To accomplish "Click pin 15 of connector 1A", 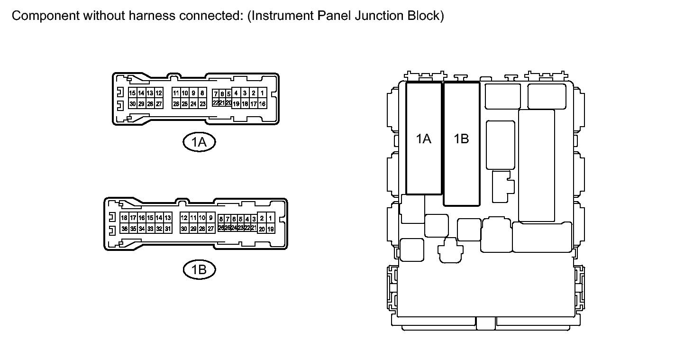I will (x=133, y=93).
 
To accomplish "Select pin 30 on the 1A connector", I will (x=133, y=104).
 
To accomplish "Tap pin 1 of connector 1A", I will (x=262, y=93).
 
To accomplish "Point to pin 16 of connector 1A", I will (x=262, y=104).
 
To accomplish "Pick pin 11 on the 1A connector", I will (x=176, y=93).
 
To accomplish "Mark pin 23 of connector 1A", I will (x=202, y=104).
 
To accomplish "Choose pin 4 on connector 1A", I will (x=236, y=93).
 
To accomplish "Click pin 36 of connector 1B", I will (x=124, y=229).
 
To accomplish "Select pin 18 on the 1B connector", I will (x=124, y=218).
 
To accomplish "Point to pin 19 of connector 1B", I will (x=270, y=229).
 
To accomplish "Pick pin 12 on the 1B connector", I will (x=184, y=218).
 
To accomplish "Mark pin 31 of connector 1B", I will (x=167, y=229).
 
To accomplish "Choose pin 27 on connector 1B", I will (x=211, y=229).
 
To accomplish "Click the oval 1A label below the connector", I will (x=199, y=141).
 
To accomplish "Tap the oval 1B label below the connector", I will (x=199, y=270).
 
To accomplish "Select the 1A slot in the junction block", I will (x=424, y=138).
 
